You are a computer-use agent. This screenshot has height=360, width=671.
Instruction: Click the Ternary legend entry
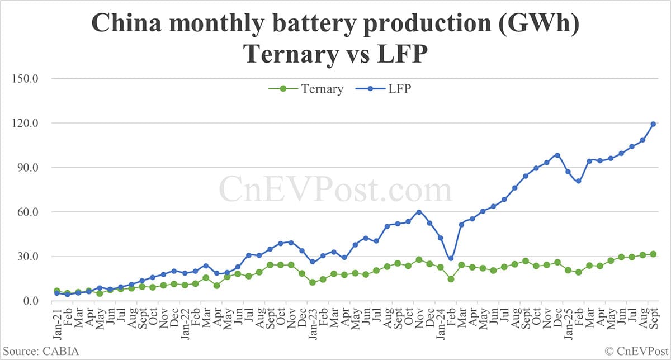click(x=313, y=89)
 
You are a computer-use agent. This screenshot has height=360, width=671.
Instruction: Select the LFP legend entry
click(x=390, y=89)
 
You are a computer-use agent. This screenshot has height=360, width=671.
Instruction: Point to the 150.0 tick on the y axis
click(x=24, y=78)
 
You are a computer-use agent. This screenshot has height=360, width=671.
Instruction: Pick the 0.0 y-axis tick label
click(x=29, y=301)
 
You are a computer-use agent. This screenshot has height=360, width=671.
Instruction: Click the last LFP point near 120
click(x=653, y=124)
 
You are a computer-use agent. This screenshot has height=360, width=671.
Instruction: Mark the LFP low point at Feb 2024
click(x=451, y=258)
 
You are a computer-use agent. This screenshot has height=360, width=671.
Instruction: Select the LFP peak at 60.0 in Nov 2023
click(x=419, y=212)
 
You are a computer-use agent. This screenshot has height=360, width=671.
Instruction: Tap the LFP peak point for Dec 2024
click(x=557, y=155)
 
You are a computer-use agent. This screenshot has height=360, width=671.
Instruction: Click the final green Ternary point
click(x=653, y=254)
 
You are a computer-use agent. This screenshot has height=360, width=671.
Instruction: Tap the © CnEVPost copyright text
click(x=635, y=350)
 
